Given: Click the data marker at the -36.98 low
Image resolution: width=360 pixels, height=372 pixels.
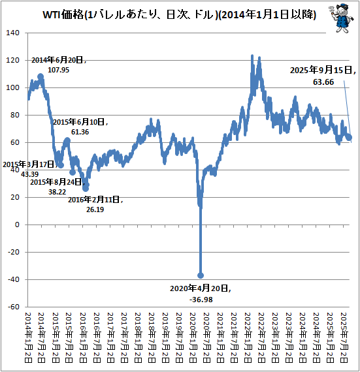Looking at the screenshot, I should click(x=201, y=275).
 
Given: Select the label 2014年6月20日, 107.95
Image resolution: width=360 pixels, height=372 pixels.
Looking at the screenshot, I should click(x=59, y=65).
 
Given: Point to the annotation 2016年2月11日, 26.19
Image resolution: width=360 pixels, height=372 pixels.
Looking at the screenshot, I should click(x=95, y=204).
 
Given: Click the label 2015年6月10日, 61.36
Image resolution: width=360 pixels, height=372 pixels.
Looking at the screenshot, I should click(x=80, y=127).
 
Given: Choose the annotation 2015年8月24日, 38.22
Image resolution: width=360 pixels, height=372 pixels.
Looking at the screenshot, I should click(x=56, y=187).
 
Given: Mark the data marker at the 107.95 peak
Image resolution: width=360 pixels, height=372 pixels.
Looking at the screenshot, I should click(x=41, y=76).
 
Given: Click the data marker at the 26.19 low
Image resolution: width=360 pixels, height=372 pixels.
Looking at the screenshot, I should click(x=86, y=189).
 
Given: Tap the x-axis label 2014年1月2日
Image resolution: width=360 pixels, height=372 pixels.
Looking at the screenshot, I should click(x=28, y=337).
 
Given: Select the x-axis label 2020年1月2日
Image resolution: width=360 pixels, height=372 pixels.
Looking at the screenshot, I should click(x=194, y=337).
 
